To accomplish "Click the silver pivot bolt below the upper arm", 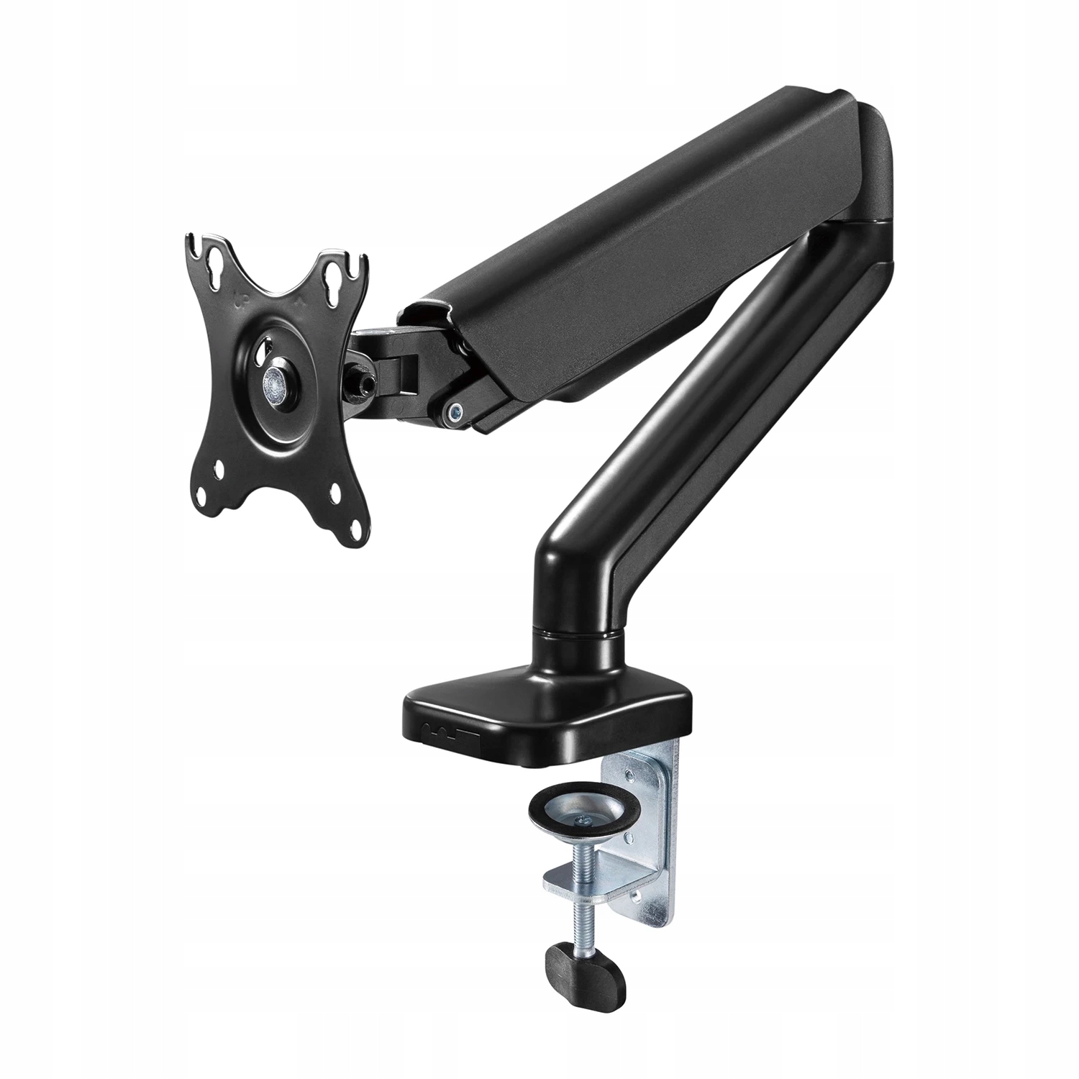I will click(x=453, y=411).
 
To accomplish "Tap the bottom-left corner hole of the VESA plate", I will click(x=219, y=470).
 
